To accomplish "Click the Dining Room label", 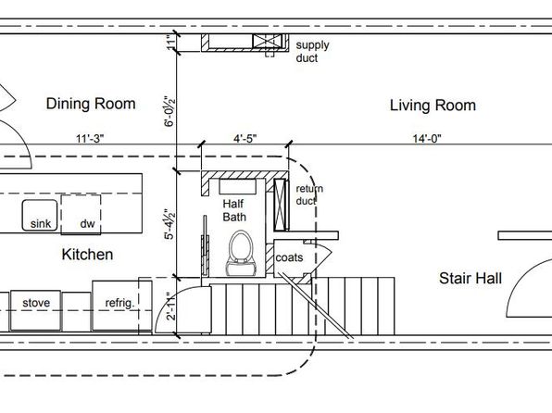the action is (91, 104).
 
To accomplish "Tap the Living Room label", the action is (433, 106).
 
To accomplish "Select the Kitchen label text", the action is (87, 255).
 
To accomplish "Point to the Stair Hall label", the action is (470, 278).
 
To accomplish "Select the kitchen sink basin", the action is (40, 215).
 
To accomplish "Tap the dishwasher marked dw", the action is (81, 214).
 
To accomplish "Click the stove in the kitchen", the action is (35, 310).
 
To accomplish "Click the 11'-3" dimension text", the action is (90, 139).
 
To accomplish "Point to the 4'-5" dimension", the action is (245, 139).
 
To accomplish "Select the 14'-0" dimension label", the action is (427, 139).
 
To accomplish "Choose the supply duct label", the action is (313, 52).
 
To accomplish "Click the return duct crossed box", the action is (280, 205).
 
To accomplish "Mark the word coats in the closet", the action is (289, 257).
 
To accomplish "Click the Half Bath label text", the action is (234, 210).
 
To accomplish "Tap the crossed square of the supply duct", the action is (267, 41).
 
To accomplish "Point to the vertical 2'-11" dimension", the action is (171, 306).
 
